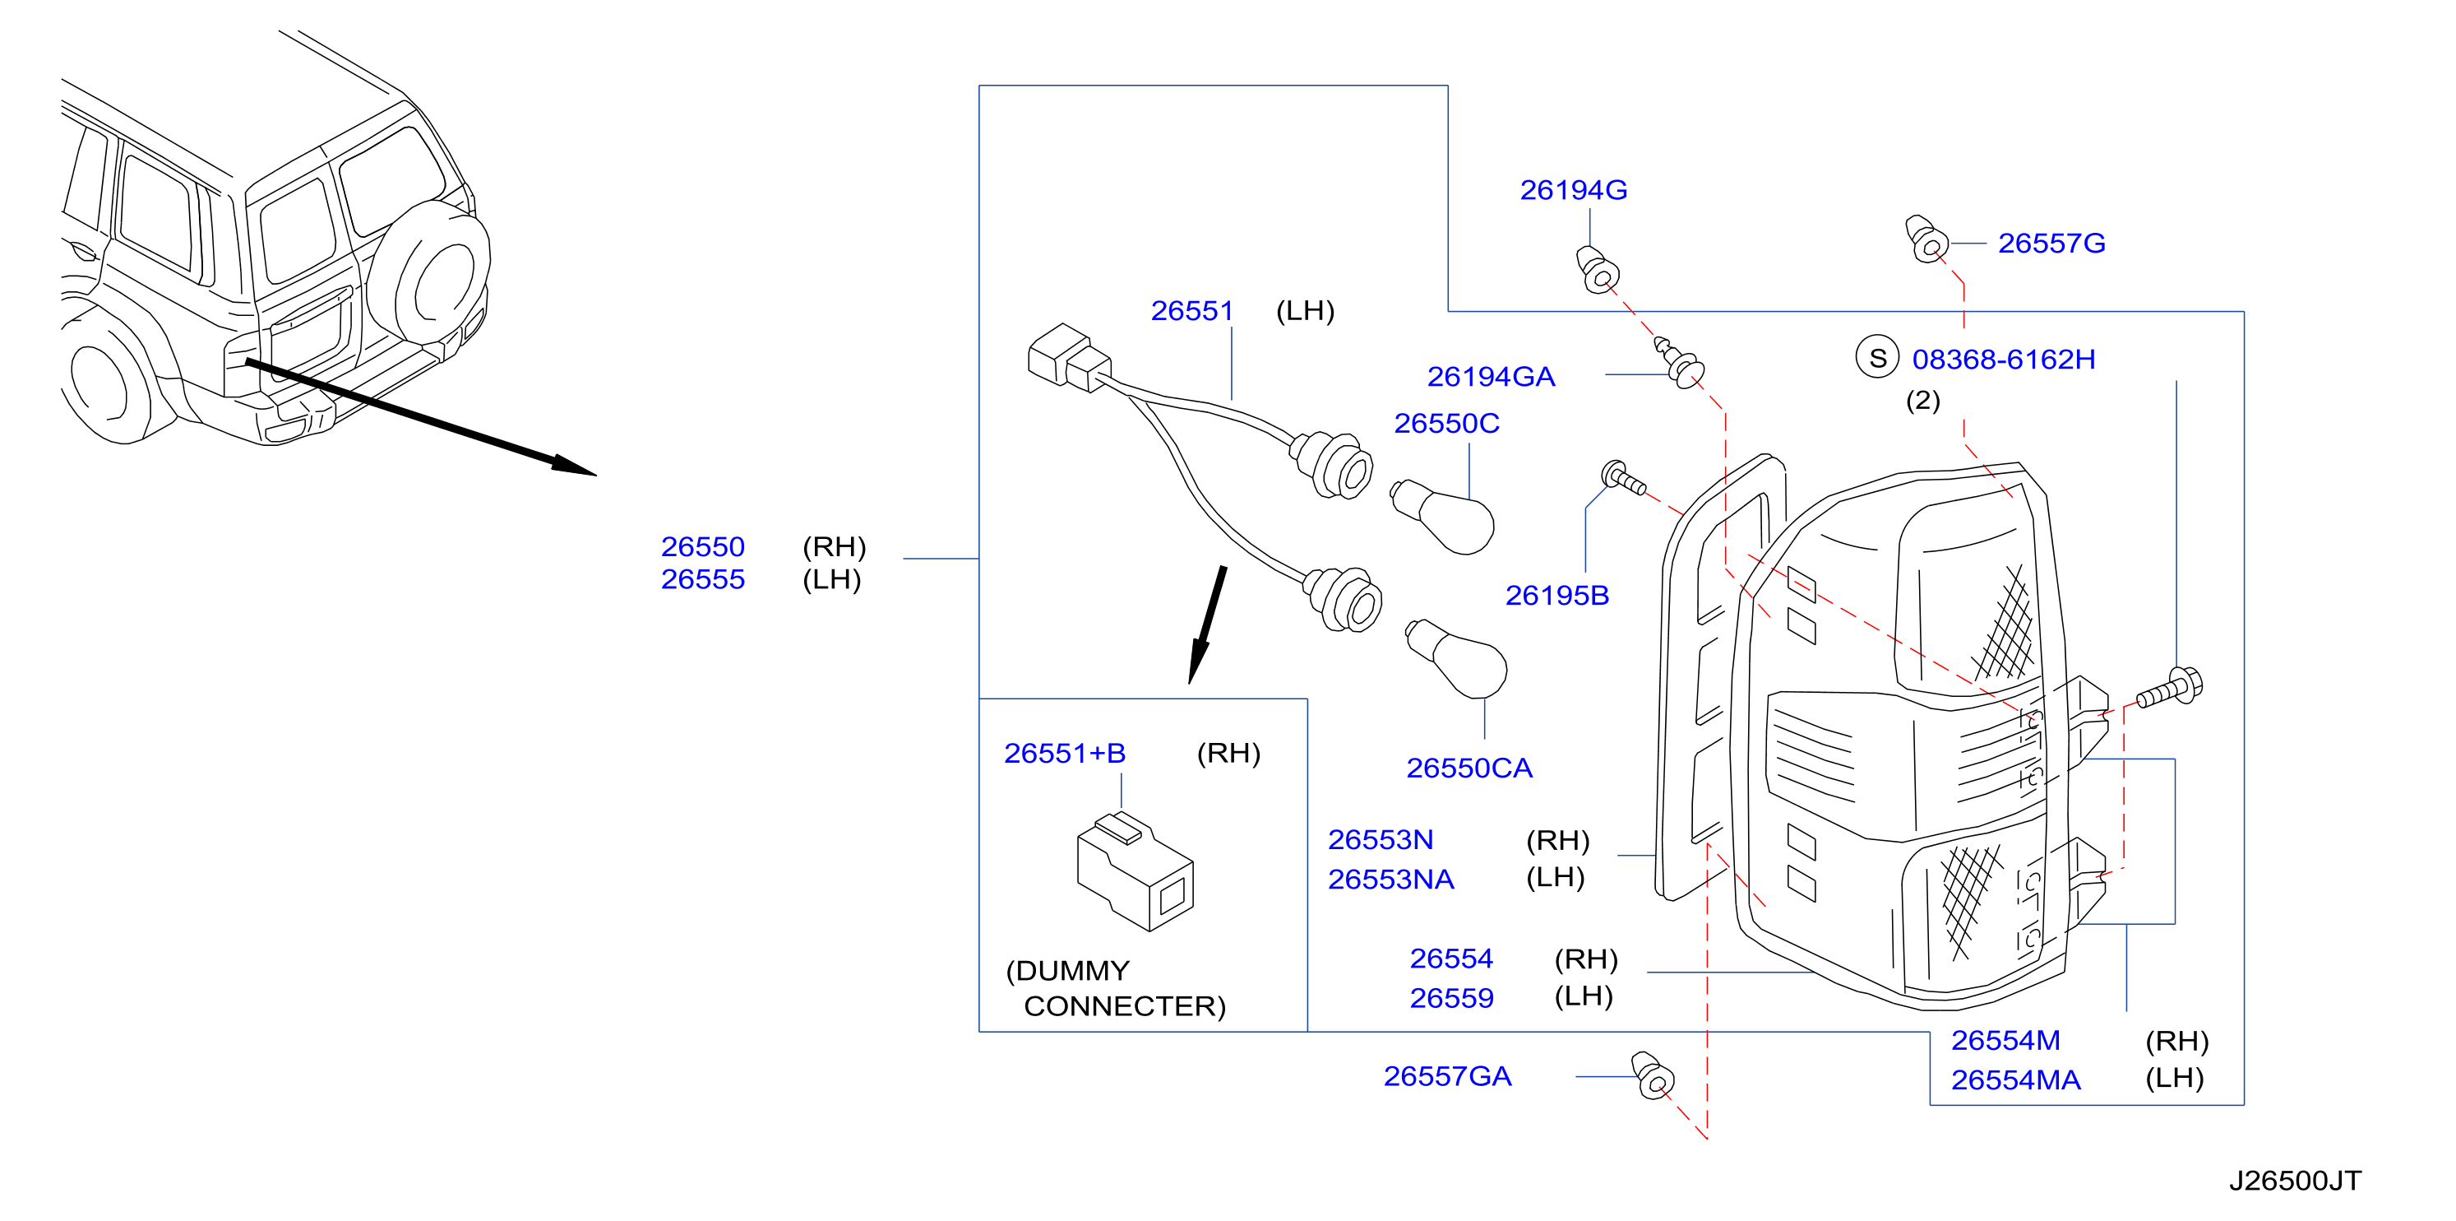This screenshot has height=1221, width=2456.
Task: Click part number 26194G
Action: [x=1573, y=190]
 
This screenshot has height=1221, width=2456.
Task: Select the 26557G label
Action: [x=2051, y=244]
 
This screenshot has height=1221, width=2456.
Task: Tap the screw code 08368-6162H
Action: [x=2003, y=360]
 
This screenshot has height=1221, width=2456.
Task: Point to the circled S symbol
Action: [x=1877, y=358]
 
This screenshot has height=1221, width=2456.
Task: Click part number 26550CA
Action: [x=1469, y=768]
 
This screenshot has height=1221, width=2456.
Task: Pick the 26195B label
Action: [x=1557, y=595]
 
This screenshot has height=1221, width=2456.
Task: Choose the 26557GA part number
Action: [x=1447, y=1076]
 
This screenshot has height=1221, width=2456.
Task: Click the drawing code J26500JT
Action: [x=2295, y=1181]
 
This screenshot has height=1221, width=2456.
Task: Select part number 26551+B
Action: [x=1065, y=754]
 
